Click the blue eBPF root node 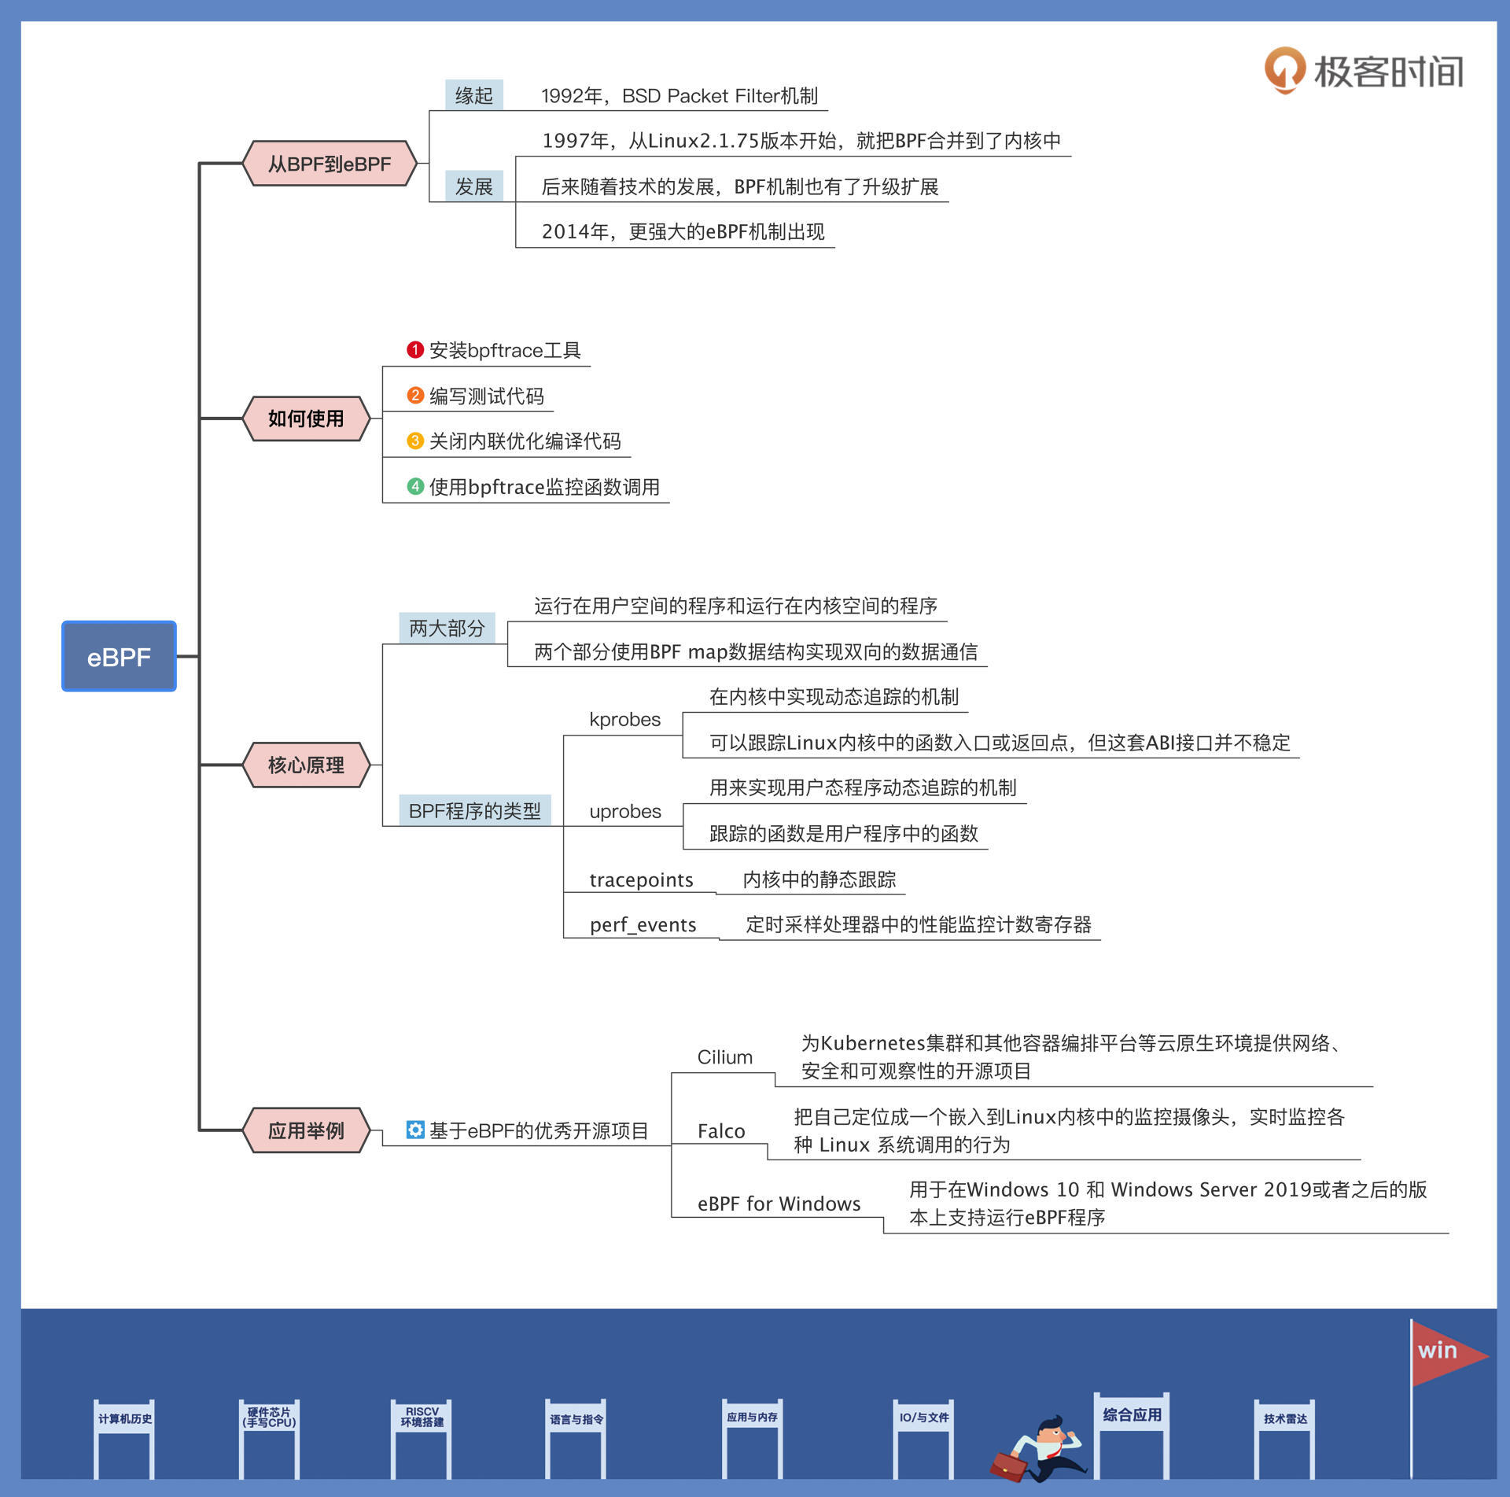(119, 656)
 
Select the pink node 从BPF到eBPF (330, 164)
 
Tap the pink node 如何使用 (306, 418)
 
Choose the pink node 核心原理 (306, 765)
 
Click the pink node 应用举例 (306, 1130)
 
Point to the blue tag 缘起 (473, 96)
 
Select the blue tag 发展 (473, 186)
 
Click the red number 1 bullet (415, 349)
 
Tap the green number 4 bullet (415, 486)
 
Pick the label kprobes (624, 720)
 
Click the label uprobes (625, 811)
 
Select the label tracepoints (641, 879)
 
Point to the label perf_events (643, 924)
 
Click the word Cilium (724, 1057)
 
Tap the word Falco (720, 1131)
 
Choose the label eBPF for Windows (779, 1204)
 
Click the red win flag (1444, 1352)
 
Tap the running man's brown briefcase (1008, 1466)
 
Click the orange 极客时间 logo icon (1284, 69)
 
